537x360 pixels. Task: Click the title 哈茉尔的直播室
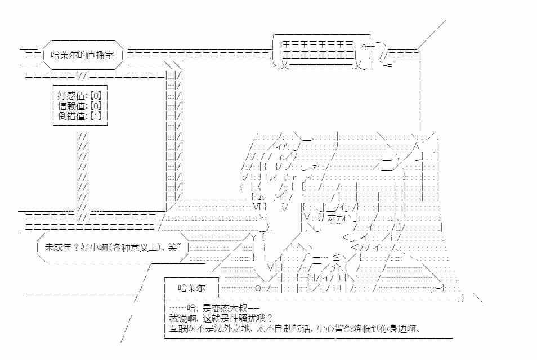(82, 55)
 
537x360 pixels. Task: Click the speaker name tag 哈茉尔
(191, 287)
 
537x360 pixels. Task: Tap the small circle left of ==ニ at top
(364, 46)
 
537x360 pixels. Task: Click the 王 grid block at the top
(317, 49)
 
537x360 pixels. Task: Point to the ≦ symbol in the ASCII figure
(336, 257)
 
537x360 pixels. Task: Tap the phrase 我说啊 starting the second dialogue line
(182, 318)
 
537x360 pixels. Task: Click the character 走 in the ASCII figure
(332, 217)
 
